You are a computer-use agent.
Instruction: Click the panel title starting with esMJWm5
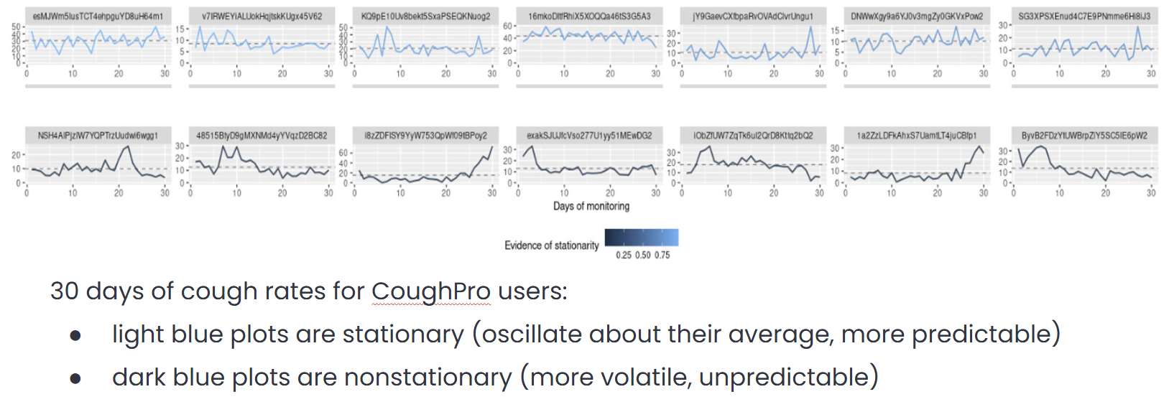pos(98,16)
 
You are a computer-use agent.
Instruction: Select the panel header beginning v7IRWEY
pos(262,16)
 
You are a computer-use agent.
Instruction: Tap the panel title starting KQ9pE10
pos(425,16)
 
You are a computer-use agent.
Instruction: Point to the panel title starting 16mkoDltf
pos(589,16)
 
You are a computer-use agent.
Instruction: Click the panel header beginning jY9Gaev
pos(753,16)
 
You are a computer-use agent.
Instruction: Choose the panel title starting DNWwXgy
pos(917,16)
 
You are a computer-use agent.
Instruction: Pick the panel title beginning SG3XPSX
pos(1084,16)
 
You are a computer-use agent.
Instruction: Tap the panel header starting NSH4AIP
pos(98,135)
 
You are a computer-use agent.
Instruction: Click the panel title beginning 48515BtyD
pos(262,135)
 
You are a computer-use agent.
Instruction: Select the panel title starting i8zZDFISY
pos(425,135)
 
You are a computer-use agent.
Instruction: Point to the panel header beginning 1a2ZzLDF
pos(917,135)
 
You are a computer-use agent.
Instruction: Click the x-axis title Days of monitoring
pos(591,206)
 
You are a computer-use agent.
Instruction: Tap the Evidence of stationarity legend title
pos(551,245)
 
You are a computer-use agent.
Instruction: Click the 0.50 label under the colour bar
pos(642,255)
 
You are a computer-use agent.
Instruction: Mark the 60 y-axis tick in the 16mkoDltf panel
pos(507,27)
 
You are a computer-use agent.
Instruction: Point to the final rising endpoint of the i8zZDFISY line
pos(492,147)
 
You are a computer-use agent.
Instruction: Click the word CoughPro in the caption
pos(430,291)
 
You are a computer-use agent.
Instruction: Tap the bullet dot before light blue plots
pos(75,335)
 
